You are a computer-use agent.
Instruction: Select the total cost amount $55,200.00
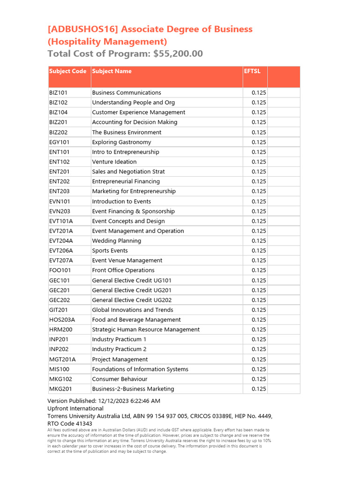[178, 53]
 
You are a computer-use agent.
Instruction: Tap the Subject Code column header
[67, 71]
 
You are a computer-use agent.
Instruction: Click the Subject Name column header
[112, 71]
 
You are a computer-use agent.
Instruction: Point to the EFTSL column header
[252, 71]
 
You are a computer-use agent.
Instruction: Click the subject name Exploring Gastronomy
[121, 142]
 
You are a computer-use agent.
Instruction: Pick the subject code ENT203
[59, 191]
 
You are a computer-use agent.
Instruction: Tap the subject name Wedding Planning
[116, 240]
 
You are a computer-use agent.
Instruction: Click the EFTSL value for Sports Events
[258, 251]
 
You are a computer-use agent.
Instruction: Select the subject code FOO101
[60, 270]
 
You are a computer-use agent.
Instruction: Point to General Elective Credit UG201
[132, 290]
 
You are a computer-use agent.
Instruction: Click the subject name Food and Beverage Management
[136, 320]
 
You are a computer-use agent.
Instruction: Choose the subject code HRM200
[60, 330]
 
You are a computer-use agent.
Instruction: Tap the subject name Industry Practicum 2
[119, 349]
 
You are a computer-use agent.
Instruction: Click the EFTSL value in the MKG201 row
[258, 389]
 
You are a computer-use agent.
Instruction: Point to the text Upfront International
[75, 408]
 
